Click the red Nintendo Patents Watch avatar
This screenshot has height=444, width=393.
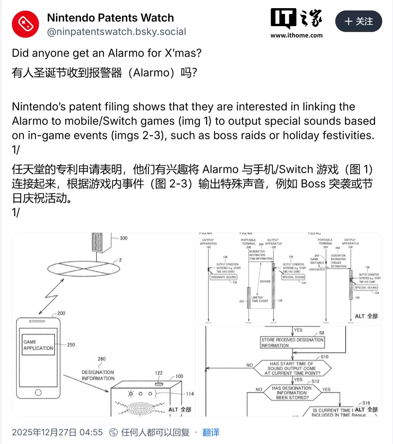25,24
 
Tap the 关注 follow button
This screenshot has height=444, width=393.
358,21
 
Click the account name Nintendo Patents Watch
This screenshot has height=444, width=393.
110,18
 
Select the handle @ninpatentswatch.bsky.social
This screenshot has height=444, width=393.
116,32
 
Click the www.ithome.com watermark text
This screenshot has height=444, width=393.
296,35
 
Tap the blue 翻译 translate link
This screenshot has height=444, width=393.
211,433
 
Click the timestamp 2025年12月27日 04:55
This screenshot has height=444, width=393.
57,433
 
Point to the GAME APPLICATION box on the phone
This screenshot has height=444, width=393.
38,345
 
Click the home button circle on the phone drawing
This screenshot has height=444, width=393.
38,392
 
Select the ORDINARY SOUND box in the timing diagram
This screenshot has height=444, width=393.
223,277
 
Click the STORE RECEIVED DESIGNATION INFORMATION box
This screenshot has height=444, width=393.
292,343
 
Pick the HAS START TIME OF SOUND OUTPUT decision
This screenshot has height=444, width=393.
292,368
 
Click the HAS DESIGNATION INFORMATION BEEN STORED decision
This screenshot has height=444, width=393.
292,393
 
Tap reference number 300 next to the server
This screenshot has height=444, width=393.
124,238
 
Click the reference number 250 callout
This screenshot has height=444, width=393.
71,345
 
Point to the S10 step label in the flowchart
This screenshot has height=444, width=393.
325,357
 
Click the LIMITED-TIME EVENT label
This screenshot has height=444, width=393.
260,299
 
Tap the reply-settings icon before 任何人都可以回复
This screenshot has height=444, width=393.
113,433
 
